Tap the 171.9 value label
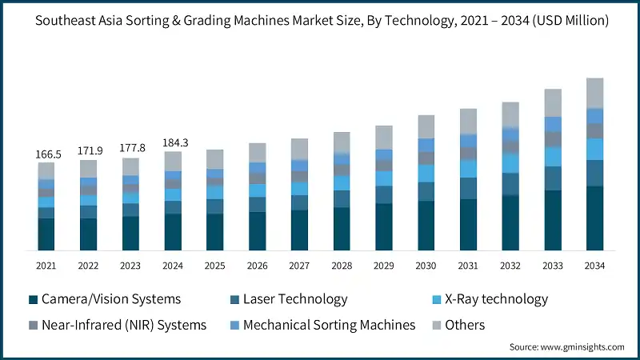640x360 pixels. [89, 150]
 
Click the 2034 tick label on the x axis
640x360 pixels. [594, 266]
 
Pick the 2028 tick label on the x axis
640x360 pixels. [342, 266]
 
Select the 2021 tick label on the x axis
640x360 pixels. [46, 266]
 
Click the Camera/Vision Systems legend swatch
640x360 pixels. [34, 300]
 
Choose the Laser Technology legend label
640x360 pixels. [294, 299]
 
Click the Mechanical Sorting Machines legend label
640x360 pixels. [329, 325]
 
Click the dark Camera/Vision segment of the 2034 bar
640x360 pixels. [594, 218]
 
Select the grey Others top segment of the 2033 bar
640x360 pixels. [553, 102]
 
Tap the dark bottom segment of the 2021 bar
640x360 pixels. [46, 234]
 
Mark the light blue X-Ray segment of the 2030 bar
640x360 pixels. [426, 173]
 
